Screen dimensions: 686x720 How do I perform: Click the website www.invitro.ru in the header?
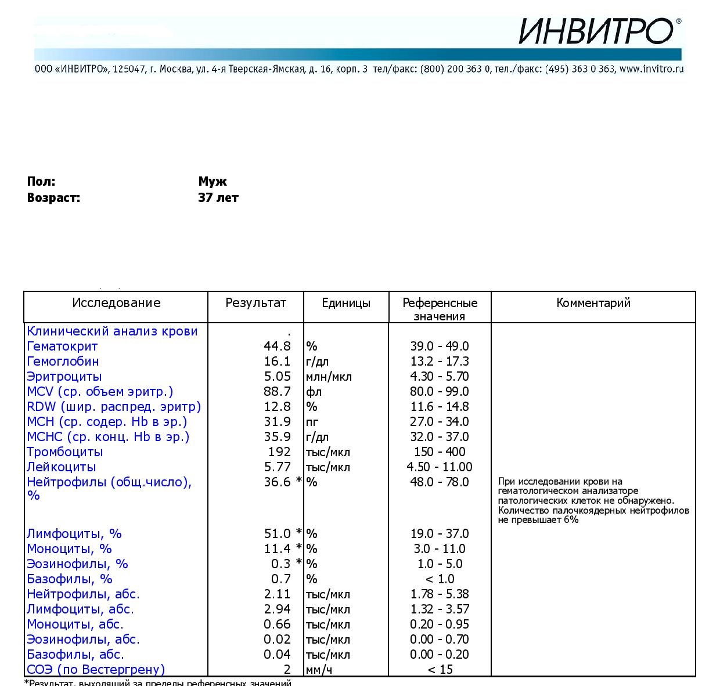(651, 69)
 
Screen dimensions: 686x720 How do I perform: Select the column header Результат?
(255, 303)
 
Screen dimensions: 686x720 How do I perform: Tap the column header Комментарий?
(593, 303)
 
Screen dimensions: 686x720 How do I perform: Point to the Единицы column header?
(345, 303)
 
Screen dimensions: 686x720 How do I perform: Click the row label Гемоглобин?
(63, 362)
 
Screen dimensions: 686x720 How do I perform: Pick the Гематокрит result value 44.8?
(277, 346)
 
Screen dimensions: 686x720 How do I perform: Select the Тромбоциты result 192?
(279, 452)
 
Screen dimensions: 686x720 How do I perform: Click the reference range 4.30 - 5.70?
(439, 377)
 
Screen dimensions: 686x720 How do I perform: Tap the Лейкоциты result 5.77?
(277, 467)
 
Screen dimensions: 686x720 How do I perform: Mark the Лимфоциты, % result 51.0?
(277, 534)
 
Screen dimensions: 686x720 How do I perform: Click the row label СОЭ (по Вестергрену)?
(96, 670)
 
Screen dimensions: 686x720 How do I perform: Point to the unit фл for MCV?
(314, 392)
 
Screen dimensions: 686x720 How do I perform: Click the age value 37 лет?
(218, 198)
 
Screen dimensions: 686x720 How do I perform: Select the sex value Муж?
(213, 182)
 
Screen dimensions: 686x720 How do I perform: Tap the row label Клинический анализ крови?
(112, 331)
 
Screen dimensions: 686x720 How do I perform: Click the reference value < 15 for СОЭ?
(439, 670)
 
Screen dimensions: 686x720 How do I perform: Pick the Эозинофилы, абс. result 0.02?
(277, 640)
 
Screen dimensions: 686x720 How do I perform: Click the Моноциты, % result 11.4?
(277, 549)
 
